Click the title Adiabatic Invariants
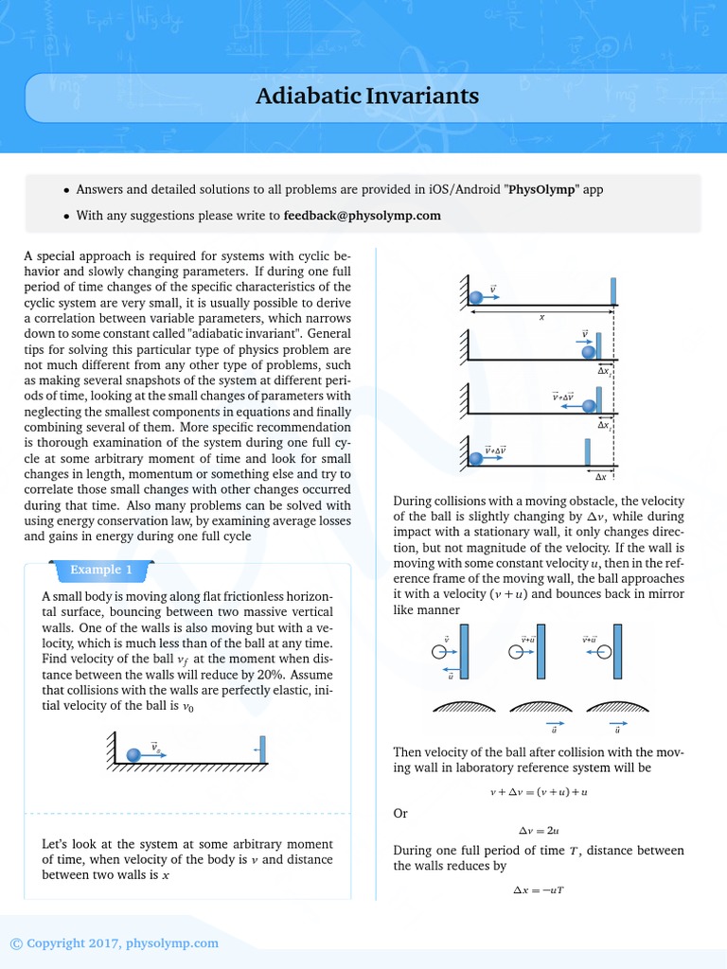pyautogui.click(x=367, y=97)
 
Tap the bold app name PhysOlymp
pyautogui.click(x=543, y=189)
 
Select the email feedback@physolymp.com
pyautogui.click(x=363, y=216)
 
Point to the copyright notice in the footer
pyautogui.click(x=114, y=943)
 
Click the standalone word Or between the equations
pyautogui.click(x=400, y=813)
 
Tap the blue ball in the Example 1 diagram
pyautogui.click(x=133, y=753)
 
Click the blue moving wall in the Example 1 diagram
pyautogui.click(x=262, y=748)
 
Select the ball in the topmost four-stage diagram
pyautogui.click(x=476, y=297)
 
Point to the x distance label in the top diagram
pyautogui.click(x=542, y=318)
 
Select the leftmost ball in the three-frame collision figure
pyautogui.click(x=439, y=651)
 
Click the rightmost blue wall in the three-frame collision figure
pyautogui.click(x=617, y=651)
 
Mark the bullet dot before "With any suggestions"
pyautogui.click(x=65, y=217)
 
